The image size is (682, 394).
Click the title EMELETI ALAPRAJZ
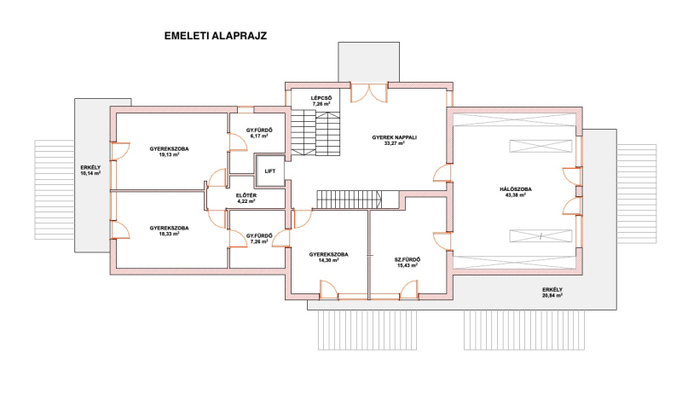pos(216,36)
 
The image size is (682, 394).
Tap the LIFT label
pos(270,171)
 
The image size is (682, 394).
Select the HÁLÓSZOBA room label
pos(516,189)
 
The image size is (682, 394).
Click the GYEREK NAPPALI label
pos(395,137)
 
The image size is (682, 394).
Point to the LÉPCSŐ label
pos(321,98)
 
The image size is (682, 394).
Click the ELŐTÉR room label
pos(246,195)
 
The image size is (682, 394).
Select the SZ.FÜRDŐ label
pos(407,260)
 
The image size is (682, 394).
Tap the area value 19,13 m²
pos(169,154)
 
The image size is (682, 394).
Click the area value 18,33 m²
pos(169,234)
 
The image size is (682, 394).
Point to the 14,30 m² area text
pos(329,260)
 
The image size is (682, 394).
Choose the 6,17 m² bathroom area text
pos(259,136)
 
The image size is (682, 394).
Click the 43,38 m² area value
pos(516,195)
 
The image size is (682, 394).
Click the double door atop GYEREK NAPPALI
pos(369,93)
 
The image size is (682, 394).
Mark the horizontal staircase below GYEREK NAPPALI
pos(350,200)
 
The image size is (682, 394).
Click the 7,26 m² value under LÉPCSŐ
pos(321,104)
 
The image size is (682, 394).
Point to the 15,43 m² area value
pos(407,265)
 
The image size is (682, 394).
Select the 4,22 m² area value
pos(246,201)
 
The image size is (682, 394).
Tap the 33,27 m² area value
pos(395,142)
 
